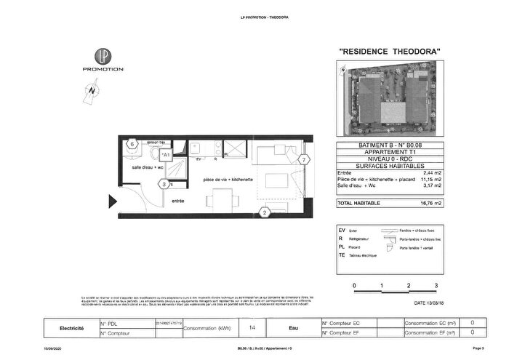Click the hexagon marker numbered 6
pos(132,144)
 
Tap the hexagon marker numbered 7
pos(303,159)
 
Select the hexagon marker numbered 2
pos(265,212)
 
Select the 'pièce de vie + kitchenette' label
pos(228,179)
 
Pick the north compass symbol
pos(92,92)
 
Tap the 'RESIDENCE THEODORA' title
pos(390,52)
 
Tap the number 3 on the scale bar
pos(436,286)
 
